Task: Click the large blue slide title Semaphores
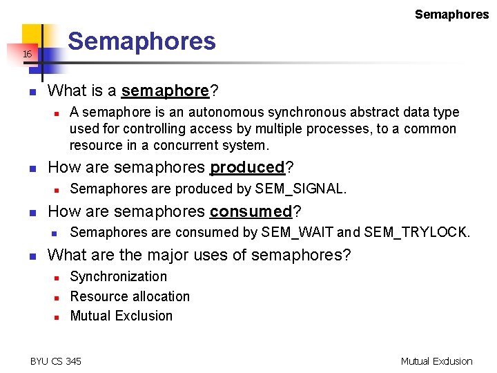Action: [142, 41]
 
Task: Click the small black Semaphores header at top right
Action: [451, 15]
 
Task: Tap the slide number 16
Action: [27, 54]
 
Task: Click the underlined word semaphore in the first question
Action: [165, 90]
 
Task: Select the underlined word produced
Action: [247, 167]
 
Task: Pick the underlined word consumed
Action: [251, 211]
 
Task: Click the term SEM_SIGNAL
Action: [299, 189]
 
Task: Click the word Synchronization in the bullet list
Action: [119, 276]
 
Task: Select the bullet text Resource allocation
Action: [130, 296]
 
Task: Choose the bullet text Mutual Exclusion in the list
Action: [121, 316]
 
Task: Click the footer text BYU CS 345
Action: [56, 361]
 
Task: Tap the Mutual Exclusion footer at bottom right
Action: [436, 361]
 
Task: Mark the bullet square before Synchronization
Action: [56, 278]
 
